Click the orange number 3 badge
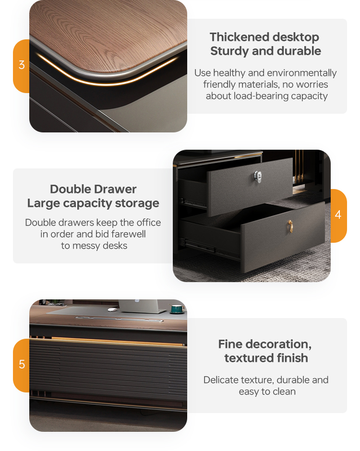[x=21, y=66]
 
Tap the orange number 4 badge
[x=338, y=215]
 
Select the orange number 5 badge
[x=21, y=365]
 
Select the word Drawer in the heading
[x=115, y=189]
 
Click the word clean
[x=284, y=392]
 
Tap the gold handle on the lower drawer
[x=290, y=226]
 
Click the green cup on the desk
[x=177, y=309]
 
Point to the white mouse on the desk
[x=112, y=310]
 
